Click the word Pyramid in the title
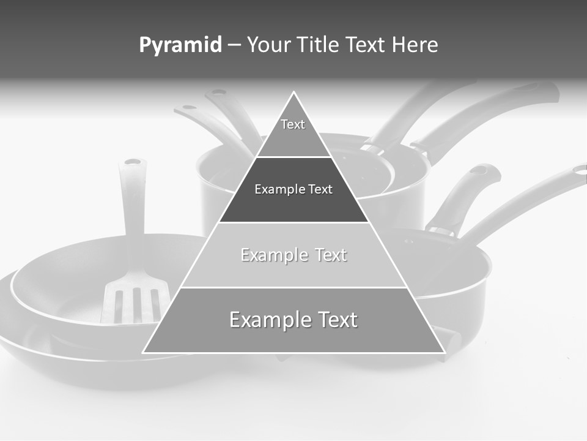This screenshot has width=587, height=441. point(180,45)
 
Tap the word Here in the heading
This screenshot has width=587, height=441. point(415,45)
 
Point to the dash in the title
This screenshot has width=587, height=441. point(234,45)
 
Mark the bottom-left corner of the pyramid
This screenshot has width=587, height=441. point(143,353)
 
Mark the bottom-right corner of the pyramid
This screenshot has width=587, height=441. point(445,353)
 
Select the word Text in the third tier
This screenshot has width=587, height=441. point(331,255)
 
